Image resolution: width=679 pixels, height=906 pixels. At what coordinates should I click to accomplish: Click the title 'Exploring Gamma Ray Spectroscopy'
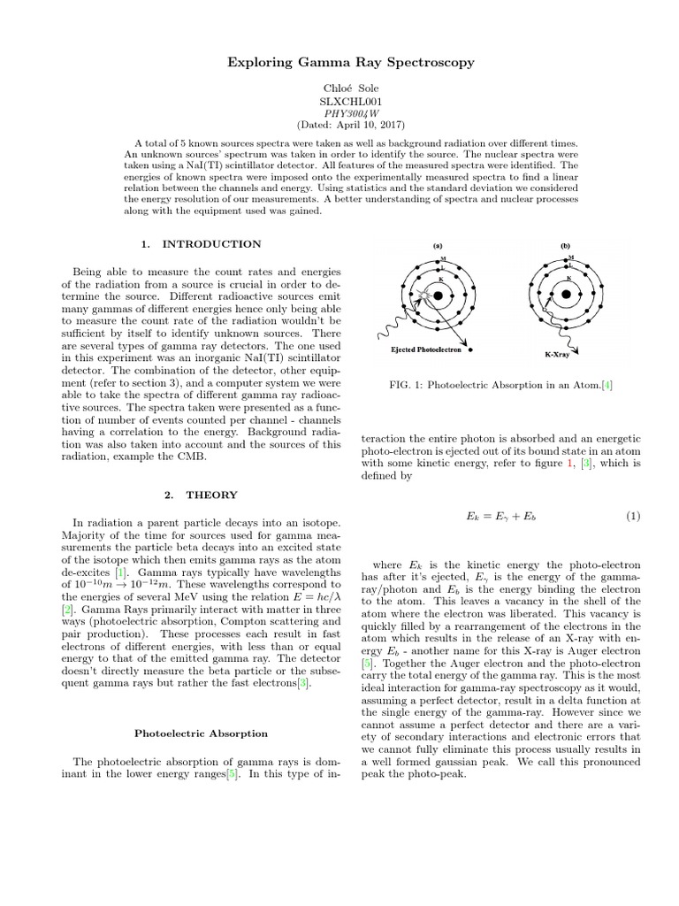339,63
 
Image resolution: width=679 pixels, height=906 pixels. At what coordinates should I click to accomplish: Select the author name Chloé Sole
339,89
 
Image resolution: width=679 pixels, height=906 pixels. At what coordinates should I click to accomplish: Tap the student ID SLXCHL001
339,102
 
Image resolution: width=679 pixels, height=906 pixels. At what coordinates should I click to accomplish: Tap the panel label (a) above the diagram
438,246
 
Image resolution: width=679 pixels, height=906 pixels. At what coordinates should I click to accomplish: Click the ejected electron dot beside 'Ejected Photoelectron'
470,349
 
